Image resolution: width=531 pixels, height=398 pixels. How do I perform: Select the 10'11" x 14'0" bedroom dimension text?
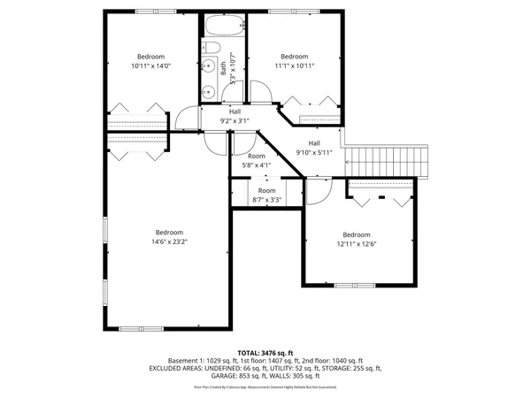coord(150,65)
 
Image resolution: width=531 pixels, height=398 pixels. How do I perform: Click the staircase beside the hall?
coord(390,162)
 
